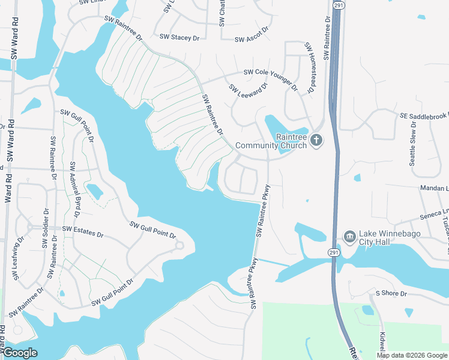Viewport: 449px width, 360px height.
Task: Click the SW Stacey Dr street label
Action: (179, 37)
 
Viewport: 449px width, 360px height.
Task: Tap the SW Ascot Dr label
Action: (250, 39)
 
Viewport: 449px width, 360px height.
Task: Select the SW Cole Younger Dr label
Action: (271, 79)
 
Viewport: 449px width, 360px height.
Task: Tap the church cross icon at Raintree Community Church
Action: (316, 141)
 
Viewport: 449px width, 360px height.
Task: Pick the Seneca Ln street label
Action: (435, 214)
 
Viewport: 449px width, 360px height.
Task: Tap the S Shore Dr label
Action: (391, 293)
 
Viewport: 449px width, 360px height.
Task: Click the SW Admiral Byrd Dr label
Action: (75, 190)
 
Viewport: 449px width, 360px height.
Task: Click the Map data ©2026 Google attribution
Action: (412, 355)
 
